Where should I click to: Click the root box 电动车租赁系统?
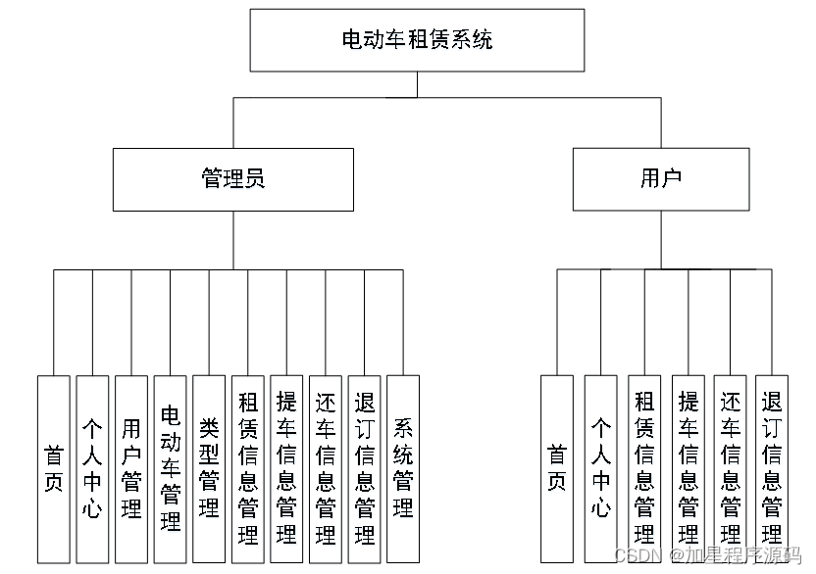pos(417,40)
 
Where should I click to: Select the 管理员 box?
pos(232,179)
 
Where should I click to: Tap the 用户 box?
pos(661,179)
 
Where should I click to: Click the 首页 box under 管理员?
pos(54,469)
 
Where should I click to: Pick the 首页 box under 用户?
pos(557,469)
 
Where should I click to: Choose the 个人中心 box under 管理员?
pos(92,469)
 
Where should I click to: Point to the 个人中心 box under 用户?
pos(600,469)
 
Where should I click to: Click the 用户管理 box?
pos(131,469)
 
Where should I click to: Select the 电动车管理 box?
pos(170,469)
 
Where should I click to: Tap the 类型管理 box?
pos(209,469)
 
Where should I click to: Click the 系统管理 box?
pos(403,469)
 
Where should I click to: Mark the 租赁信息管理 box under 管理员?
pos(248,469)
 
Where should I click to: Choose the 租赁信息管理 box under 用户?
pos(644,469)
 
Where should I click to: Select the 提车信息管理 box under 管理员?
pos(286,469)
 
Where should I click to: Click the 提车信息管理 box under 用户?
pos(688,469)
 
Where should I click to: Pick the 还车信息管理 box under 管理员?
pos(326,469)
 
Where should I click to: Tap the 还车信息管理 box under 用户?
pos(731,469)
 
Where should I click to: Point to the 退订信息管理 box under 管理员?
pos(364,469)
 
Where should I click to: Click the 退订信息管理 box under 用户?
pos(772,469)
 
